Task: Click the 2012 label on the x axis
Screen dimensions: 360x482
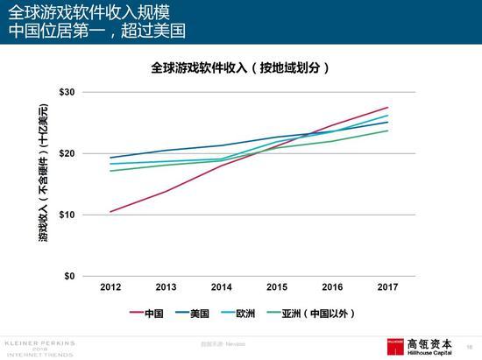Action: (110, 286)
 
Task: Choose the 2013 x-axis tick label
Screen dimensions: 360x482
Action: (166, 286)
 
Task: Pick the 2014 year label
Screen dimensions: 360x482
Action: (221, 286)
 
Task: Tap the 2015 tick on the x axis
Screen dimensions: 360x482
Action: (277, 286)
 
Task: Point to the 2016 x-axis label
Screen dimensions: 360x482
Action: (332, 286)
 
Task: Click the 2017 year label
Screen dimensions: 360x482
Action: (387, 286)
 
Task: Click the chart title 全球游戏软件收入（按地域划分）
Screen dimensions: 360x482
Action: (240, 67)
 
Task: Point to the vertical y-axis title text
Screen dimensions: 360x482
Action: (42, 184)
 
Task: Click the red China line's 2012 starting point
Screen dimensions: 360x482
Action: (110, 211)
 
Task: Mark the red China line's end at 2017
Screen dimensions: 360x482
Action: (387, 107)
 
